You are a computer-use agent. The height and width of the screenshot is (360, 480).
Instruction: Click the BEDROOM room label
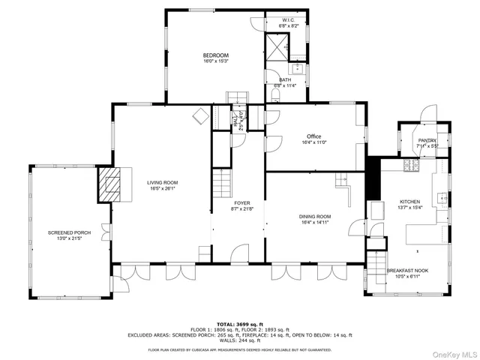click(x=215, y=55)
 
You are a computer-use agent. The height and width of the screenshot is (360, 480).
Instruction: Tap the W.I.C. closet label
click(x=289, y=20)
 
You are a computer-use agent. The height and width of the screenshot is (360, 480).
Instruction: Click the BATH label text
click(x=285, y=79)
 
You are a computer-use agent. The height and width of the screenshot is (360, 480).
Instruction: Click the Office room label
click(x=313, y=136)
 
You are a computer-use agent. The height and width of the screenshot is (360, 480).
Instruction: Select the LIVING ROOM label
click(x=162, y=182)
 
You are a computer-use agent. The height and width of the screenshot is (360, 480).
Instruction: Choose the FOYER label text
click(x=242, y=202)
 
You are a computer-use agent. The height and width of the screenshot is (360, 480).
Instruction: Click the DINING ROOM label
click(x=315, y=217)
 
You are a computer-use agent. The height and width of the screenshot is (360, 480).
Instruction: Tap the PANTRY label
click(x=427, y=139)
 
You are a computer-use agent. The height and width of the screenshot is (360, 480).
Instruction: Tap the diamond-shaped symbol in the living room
click(x=200, y=115)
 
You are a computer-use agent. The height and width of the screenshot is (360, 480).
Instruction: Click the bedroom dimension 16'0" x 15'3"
click(x=215, y=61)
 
